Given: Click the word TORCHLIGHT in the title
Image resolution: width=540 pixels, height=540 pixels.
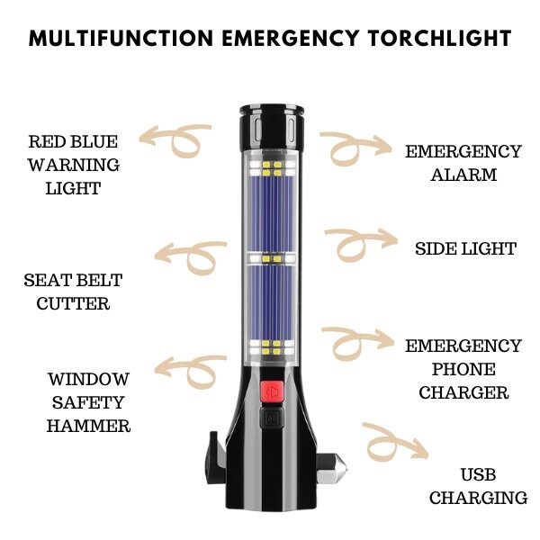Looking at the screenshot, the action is (440, 38).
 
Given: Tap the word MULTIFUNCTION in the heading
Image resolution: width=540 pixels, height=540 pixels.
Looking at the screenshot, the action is (121, 38).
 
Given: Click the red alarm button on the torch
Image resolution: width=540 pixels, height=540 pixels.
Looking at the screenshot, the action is (272, 391).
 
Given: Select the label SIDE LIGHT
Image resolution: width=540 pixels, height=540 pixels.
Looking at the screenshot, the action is (465, 248).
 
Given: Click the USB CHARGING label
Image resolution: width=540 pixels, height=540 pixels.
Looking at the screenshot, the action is (478, 486).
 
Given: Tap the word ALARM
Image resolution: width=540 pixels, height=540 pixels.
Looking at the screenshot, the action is (463, 175).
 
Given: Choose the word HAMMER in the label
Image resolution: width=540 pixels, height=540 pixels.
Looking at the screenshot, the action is (88, 426).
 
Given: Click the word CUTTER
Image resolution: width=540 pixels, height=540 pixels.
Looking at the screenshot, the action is (73, 304).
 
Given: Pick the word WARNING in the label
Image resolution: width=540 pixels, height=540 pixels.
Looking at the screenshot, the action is (74, 165).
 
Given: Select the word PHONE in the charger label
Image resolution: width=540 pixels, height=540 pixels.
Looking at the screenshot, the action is (463, 369).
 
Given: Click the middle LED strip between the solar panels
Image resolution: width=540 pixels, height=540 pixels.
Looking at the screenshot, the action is (272, 258).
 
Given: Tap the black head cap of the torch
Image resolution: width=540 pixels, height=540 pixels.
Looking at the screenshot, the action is (272, 128).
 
